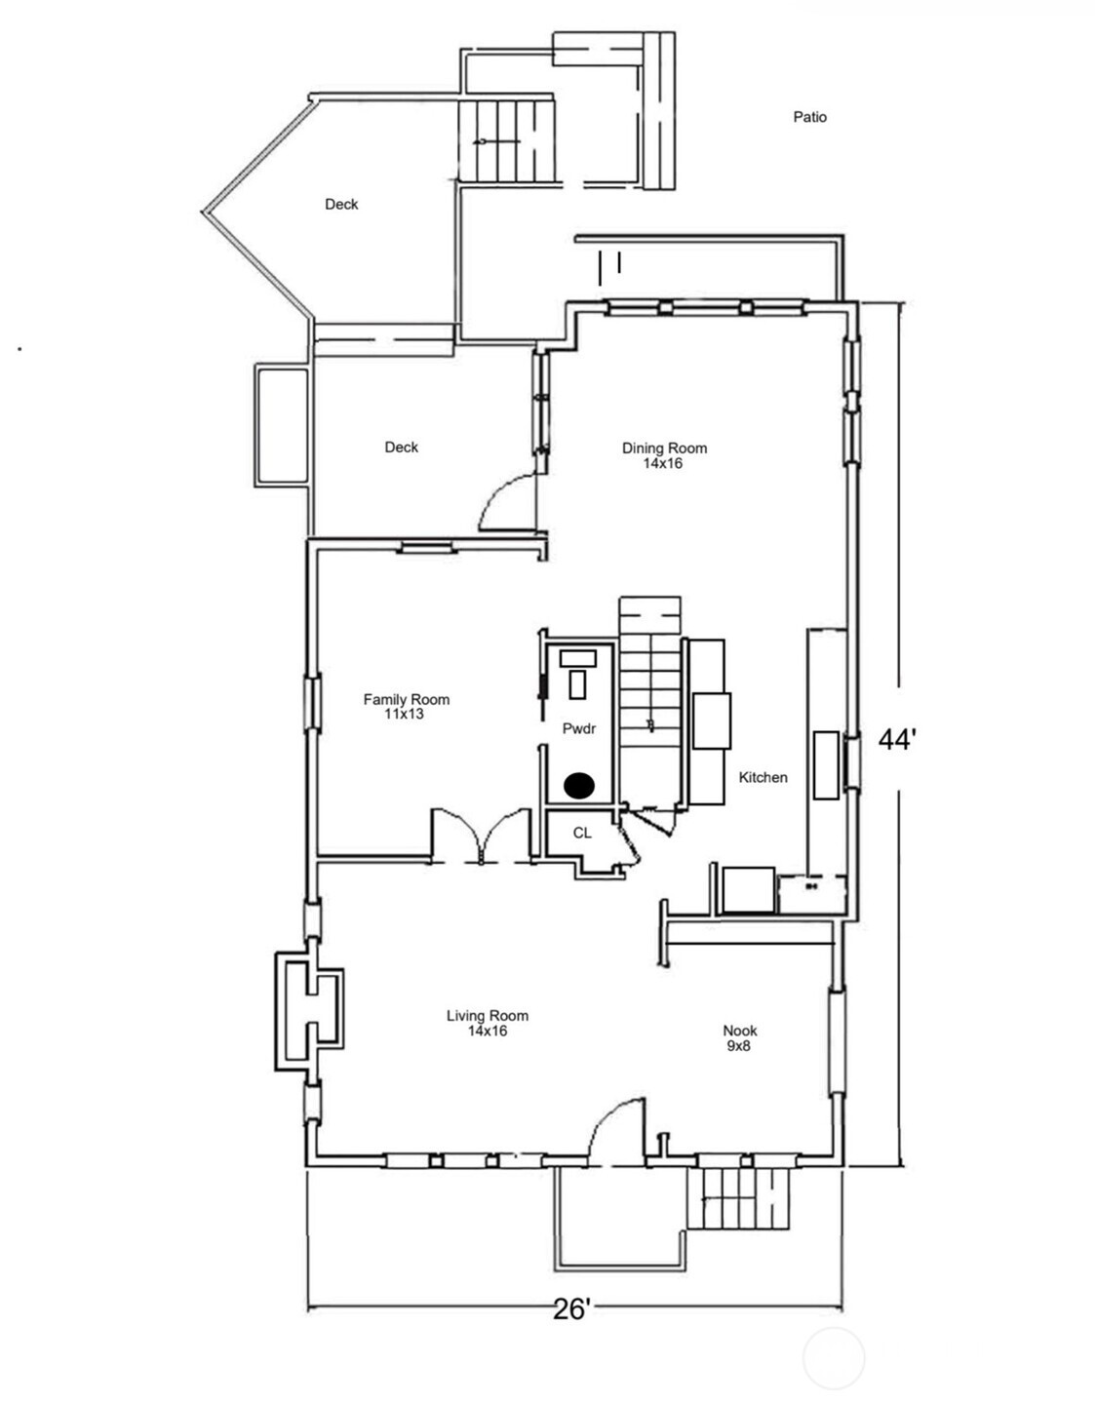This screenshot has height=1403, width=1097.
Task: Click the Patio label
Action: (x=809, y=117)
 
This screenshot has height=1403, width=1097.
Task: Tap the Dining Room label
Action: (x=664, y=448)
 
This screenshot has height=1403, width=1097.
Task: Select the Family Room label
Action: (x=406, y=699)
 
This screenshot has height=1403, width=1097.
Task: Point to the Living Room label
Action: (x=488, y=1016)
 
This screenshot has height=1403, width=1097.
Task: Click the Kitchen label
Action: (x=764, y=777)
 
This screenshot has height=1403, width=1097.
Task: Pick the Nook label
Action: (x=740, y=1031)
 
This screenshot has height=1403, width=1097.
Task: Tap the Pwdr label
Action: (x=578, y=729)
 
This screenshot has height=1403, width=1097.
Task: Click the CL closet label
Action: (x=582, y=834)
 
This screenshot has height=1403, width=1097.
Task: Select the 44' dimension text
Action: (x=897, y=740)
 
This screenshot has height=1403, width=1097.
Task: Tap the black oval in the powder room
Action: (x=579, y=785)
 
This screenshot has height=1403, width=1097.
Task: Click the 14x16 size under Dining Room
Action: (x=662, y=463)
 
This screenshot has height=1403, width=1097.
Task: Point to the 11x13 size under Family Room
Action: (x=404, y=714)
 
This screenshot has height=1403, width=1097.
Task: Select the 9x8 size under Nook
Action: (x=739, y=1046)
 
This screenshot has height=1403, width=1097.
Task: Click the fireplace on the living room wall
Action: (x=309, y=1010)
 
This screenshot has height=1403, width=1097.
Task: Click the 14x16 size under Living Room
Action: (x=488, y=1032)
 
